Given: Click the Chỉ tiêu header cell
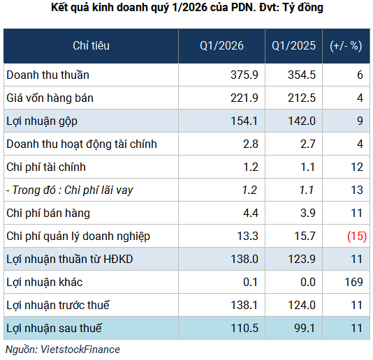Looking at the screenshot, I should (91, 46).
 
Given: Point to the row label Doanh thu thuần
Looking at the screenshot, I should (47, 75).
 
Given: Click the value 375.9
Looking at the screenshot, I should (244, 75).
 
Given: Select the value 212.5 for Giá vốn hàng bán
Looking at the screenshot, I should (302, 98).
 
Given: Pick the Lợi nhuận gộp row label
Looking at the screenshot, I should (41, 121).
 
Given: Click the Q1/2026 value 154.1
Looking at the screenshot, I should (244, 121).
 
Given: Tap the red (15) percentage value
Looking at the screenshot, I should (356, 236).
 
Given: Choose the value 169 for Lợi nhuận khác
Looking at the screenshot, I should (353, 282).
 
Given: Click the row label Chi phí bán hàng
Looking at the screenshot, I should (47, 213).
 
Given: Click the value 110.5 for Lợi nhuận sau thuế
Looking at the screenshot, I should (244, 327).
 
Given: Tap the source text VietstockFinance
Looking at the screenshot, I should (82, 349).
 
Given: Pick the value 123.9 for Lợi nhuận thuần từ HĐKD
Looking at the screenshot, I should (302, 259).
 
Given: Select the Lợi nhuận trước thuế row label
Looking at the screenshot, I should (57, 305).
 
